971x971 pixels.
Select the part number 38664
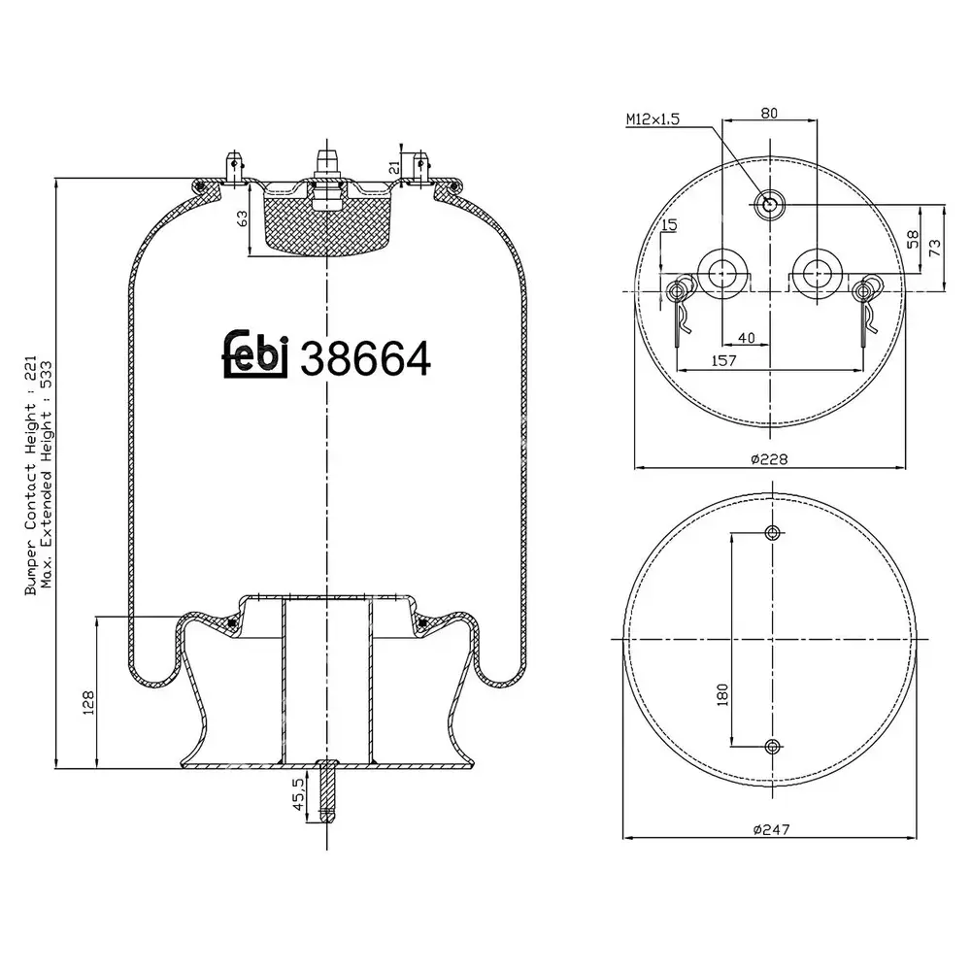click(x=365, y=359)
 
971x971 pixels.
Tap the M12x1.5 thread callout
click(x=653, y=118)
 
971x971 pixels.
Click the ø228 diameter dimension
click(x=769, y=459)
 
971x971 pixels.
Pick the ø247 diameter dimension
click(x=772, y=829)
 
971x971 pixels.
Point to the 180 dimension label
click(x=722, y=695)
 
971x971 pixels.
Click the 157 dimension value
click(x=723, y=360)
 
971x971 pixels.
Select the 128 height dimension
click(x=88, y=703)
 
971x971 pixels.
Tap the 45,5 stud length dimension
click(x=298, y=794)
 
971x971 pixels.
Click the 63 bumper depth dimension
click(x=242, y=218)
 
